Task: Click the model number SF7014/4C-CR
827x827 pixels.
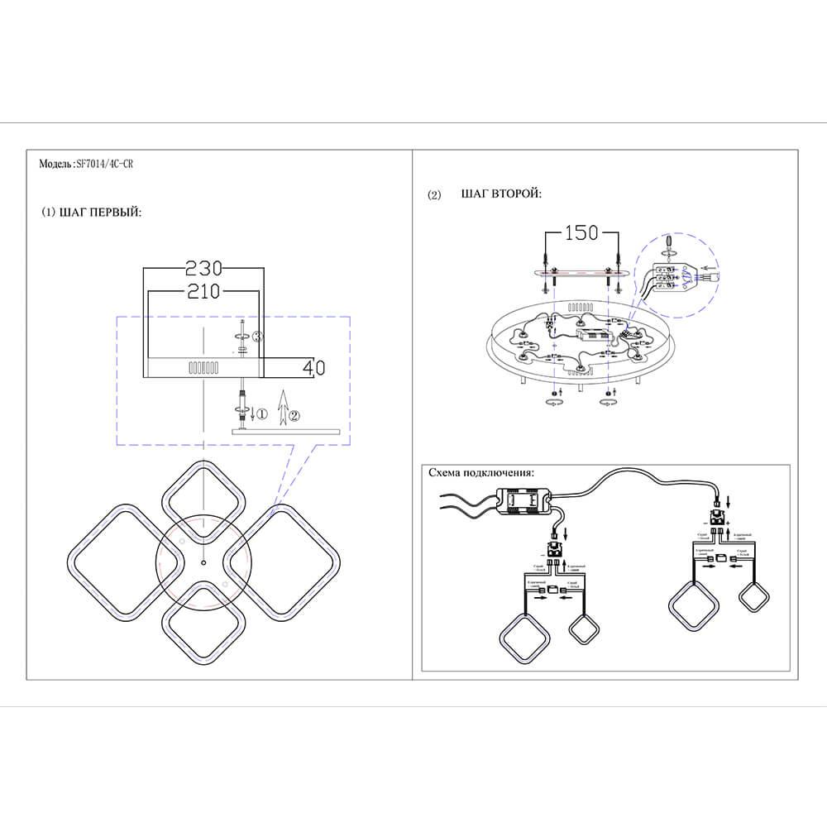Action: coord(103,165)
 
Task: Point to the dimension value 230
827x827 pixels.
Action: coord(203,269)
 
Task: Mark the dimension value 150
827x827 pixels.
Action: coord(580,233)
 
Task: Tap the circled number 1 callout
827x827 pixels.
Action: coord(262,413)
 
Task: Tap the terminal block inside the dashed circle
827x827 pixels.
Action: coord(666,275)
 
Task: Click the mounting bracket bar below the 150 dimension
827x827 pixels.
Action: coord(581,272)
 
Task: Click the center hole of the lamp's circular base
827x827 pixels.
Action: coord(202,562)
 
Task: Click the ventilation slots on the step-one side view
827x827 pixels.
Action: coord(203,366)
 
